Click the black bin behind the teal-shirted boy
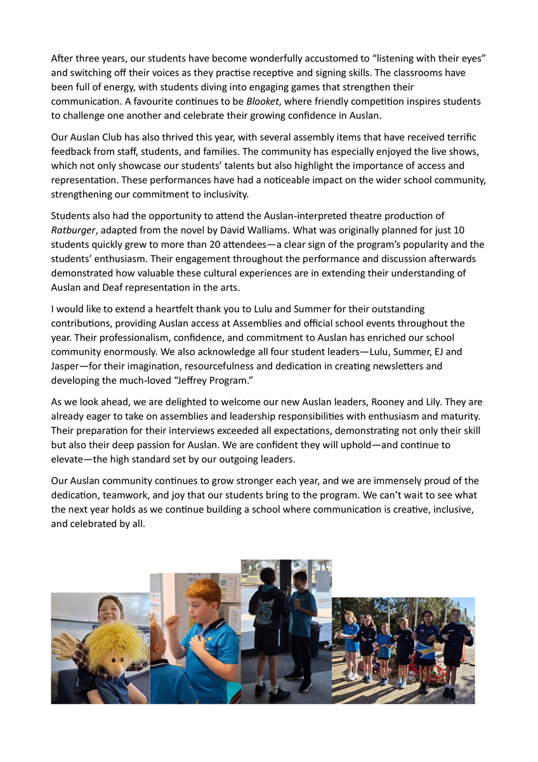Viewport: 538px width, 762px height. click(x=315, y=638)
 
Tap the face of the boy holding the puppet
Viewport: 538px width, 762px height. click(x=110, y=610)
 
